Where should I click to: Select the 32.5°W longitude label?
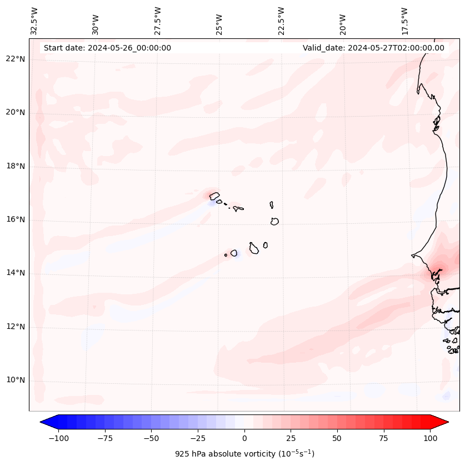point(34,21)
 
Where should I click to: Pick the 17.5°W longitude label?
point(404,21)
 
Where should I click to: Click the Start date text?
point(107,48)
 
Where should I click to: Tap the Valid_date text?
point(373,48)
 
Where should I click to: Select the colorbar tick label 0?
point(244,438)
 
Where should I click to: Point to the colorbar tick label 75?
point(383,438)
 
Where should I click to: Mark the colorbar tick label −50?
point(152,438)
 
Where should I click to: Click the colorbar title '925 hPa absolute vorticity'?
point(244,454)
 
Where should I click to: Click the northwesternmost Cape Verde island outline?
point(214,196)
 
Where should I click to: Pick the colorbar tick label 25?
point(291,438)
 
